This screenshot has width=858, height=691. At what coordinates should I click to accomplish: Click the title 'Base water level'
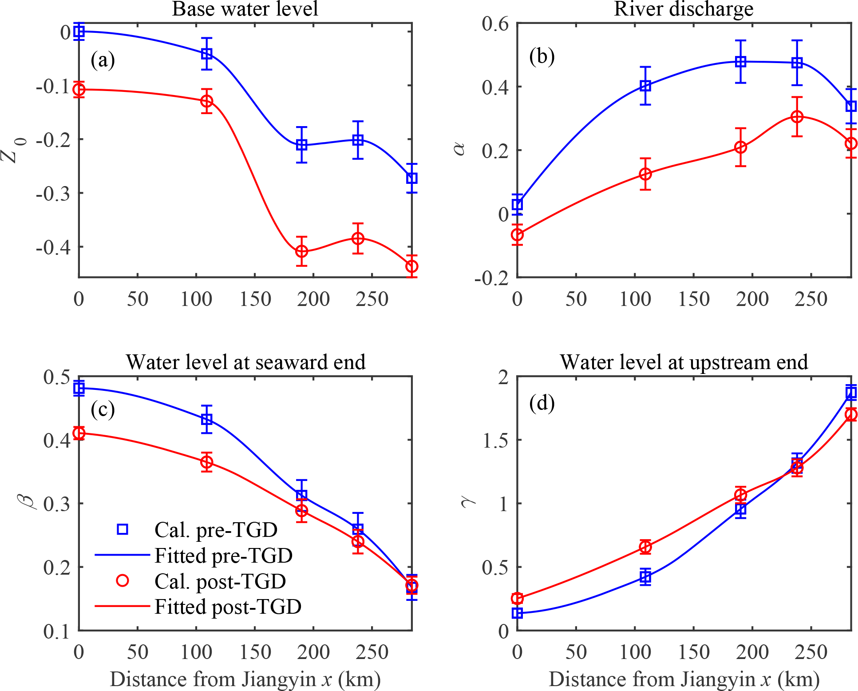tap(245, 9)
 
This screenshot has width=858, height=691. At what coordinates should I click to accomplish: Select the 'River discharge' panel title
tap(684, 9)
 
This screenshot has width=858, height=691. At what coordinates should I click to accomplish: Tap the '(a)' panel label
tap(103, 60)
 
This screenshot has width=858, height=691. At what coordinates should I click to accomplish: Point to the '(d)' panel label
tap(542, 403)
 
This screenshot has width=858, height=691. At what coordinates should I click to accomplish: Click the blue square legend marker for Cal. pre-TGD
tap(123, 529)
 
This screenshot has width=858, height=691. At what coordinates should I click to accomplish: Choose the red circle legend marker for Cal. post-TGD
tap(123, 580)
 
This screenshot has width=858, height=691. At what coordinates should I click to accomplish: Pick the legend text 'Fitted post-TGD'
tap(228, 607)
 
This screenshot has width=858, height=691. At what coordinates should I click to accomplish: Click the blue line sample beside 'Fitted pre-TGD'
tap(123, 555)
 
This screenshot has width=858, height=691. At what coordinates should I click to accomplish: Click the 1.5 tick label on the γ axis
tap(496, 440)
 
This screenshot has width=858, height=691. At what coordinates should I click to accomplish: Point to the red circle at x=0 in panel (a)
tap(79, 90)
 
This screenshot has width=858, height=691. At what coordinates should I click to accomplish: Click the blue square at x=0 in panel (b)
tap(518, 204)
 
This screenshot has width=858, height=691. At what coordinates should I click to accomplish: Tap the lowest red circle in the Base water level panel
tap(412, 266)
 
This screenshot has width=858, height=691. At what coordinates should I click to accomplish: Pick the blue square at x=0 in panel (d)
tap(518, 613)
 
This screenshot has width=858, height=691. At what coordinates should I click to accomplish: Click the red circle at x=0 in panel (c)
tap(79, 433)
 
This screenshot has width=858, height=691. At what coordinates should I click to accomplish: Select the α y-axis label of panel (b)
tap(460, 149)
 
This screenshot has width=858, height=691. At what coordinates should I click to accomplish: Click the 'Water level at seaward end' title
tap(245, 362)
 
